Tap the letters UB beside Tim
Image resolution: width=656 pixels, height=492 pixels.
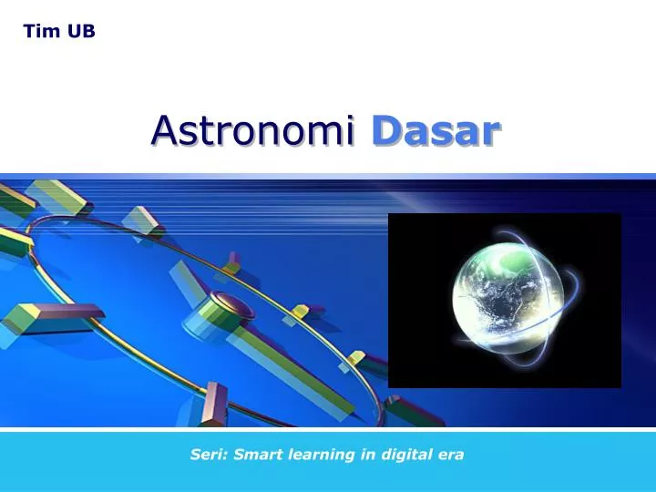click(x=81, y=31)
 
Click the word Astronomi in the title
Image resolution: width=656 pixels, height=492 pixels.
click(x=253, y=130)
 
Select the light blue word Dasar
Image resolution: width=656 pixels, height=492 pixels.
click(x=436, y=130)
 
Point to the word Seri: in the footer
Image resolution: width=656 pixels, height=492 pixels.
click(x=209, y=455)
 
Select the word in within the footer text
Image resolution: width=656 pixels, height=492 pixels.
click(x=368, y=455)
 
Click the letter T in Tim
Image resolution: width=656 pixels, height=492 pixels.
click(x=30, y=31)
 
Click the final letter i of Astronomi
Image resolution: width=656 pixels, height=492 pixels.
click(x=350, y=130)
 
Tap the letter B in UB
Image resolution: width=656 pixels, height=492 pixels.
click(x=88, y=31)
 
